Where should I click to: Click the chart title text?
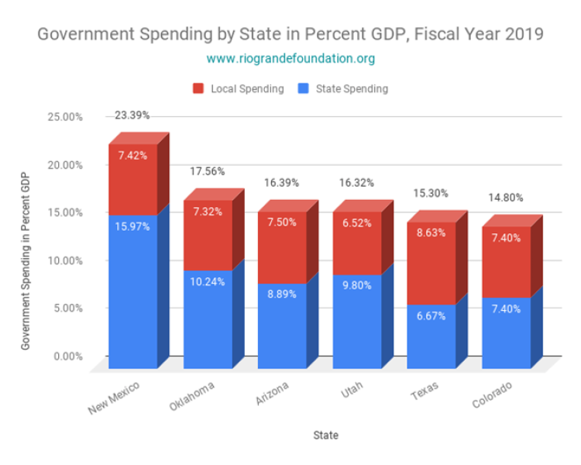pos(290,35)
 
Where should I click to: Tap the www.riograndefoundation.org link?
pos(290,59)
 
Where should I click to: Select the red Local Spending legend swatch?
pos(198,88)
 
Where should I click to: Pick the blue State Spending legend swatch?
pos(302,88)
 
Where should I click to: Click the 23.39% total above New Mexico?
pos(132,115)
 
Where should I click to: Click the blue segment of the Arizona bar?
pos(282,325)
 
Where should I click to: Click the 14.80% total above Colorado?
pos(506,198)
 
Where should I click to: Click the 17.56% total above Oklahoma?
pos(207,172)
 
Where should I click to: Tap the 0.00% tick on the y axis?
pos(67,356)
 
